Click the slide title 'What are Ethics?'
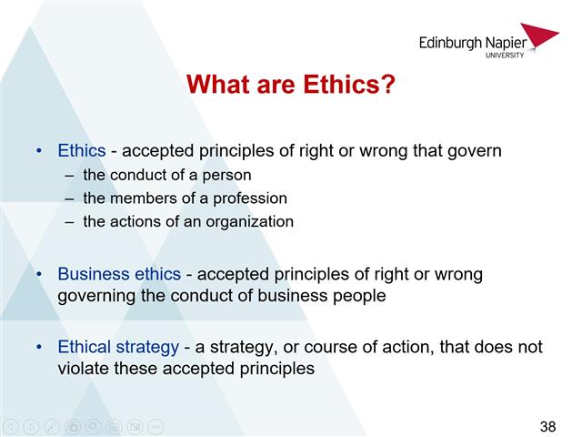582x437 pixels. click(x=290, y=86)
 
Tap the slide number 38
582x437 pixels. click(x=547, y=426)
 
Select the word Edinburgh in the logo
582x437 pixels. click(x=453, y=42)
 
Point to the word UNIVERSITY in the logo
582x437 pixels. click(x=504, y=56)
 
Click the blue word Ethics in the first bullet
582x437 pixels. click(x=82, y=150)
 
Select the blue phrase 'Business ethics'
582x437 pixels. click(x=118, y=274)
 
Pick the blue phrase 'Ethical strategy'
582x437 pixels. click(x=118, y=347)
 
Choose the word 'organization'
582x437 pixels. click(x=250, y=221)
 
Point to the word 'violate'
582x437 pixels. click(x=85, y=369)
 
